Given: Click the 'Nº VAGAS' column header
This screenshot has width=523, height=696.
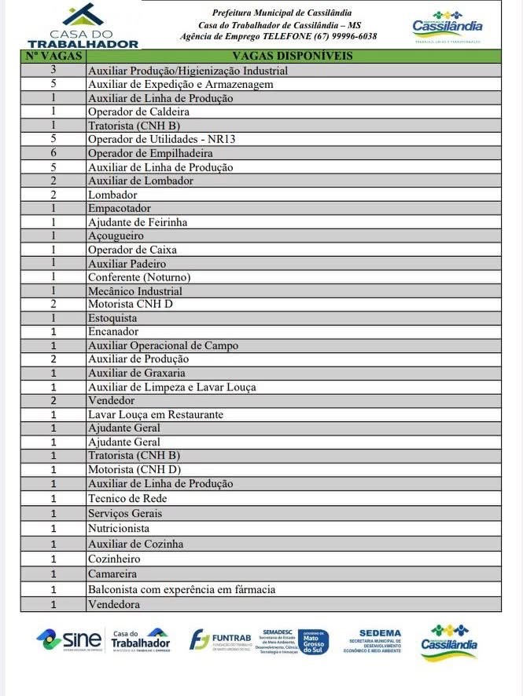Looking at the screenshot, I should point(53,56).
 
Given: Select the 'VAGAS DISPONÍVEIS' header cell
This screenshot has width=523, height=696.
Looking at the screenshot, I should point(293,56).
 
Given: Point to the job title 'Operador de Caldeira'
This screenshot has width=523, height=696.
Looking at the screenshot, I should point(138,112).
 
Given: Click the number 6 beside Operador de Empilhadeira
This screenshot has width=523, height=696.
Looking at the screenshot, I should point(53,153).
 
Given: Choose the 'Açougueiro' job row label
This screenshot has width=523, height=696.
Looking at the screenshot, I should point(116,236).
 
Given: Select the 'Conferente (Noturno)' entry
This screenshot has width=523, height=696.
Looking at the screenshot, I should point(139,277).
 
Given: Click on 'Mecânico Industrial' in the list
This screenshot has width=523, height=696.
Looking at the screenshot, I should point(134,291).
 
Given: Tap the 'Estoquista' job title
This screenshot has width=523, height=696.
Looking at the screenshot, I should point(112,318).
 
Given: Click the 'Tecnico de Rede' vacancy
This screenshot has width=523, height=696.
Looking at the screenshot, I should point(127,498).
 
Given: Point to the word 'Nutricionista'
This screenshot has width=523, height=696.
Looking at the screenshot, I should point(119,529).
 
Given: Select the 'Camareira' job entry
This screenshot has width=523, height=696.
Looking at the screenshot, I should point(113,574).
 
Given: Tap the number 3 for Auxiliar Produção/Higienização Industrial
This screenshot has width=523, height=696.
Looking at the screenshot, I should point(53,70).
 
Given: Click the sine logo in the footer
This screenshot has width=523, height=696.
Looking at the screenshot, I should point(69,639).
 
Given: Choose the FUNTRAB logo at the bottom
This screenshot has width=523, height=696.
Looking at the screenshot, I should point(222,639).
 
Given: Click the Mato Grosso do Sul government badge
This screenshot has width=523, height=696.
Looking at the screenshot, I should point(313,641).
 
